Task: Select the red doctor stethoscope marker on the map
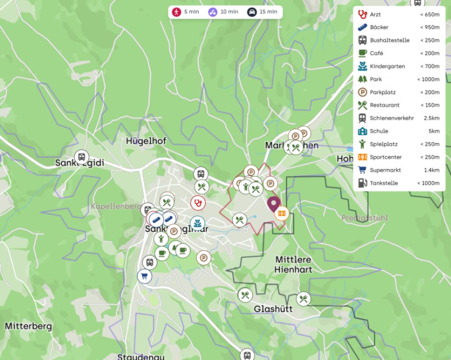(198, 202)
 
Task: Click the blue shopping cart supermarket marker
(144, 276)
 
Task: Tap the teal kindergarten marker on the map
(197, 223)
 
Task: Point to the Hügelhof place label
(146, 141)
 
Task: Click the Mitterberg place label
(28, 326)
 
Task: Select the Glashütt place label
(273, 309)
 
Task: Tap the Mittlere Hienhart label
(293, 264)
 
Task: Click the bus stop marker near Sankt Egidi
(81, 157)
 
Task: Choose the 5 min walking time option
(185, 12)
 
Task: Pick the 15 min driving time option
(262, 12)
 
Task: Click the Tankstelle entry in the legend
(384, 183)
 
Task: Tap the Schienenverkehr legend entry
(392, 118)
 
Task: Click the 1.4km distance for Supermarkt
(431, 170)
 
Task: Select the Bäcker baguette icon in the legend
(362, 27)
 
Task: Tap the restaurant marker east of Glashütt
(304, 299)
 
